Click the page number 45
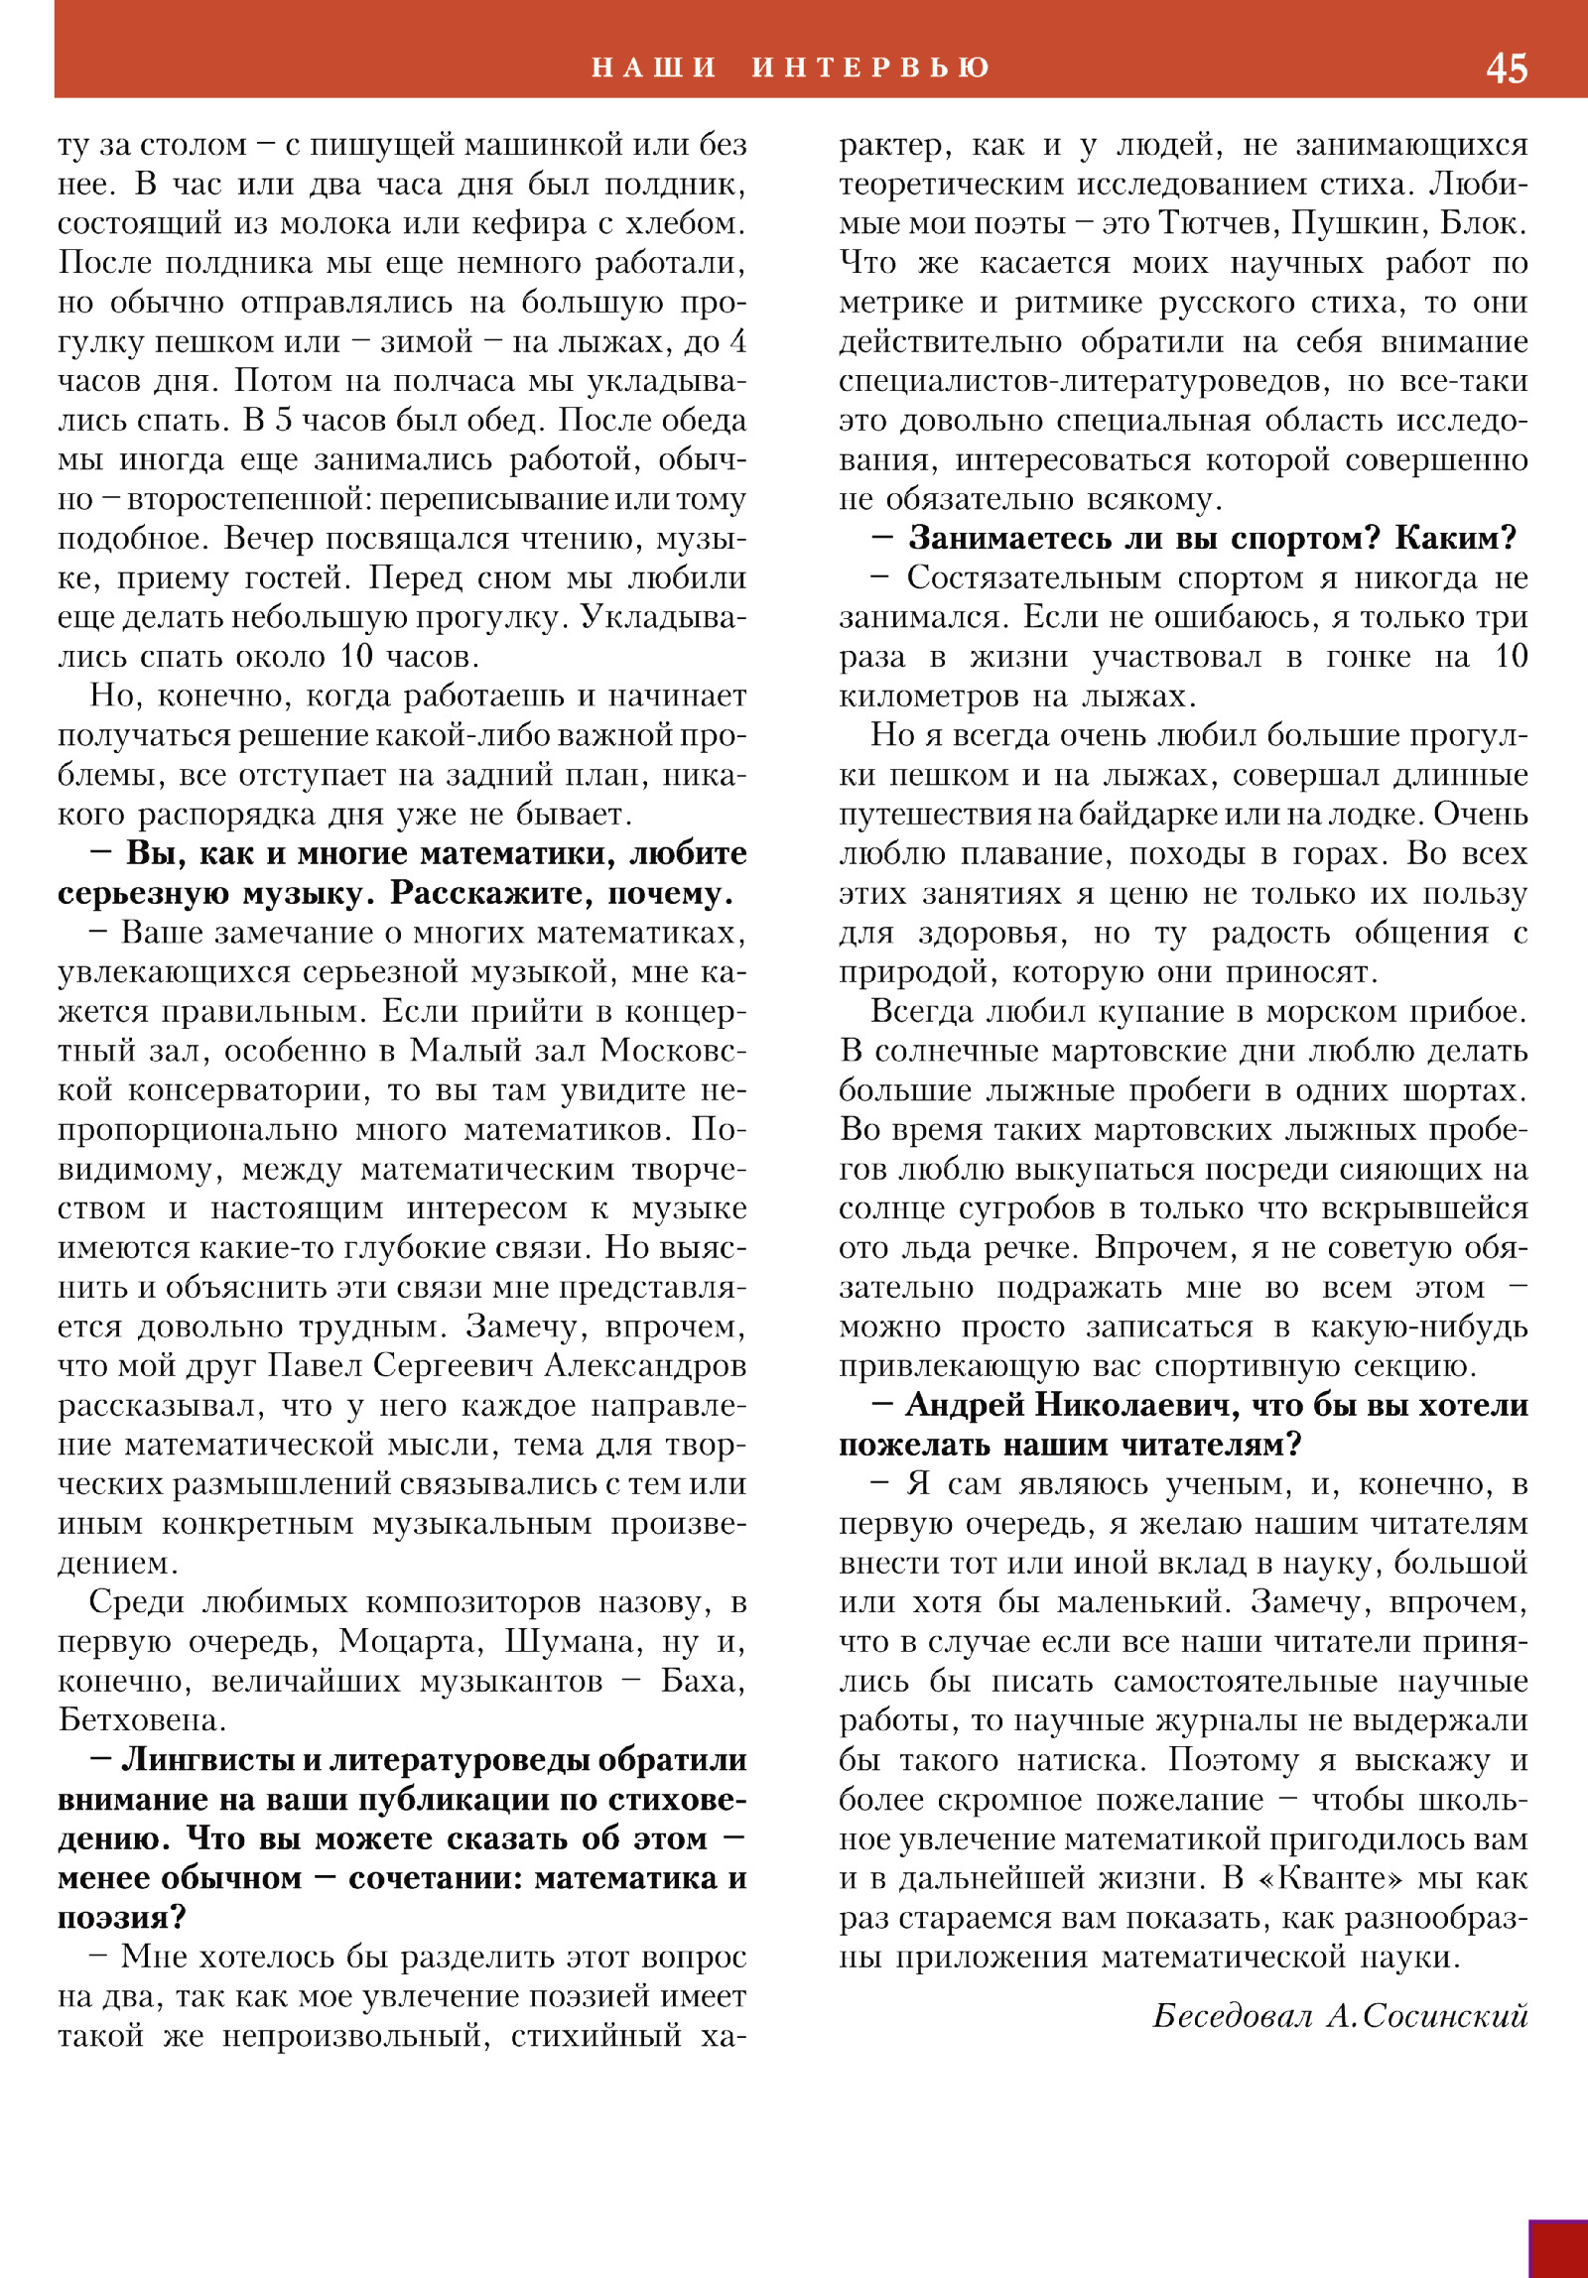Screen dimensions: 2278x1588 1506,67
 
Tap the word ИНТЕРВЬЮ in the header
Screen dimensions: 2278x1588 871,67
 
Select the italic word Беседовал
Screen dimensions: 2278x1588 1232,2015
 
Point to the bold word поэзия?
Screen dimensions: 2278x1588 121,1917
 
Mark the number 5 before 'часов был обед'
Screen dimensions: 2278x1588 284,420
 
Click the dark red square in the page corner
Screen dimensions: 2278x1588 1558,2249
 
